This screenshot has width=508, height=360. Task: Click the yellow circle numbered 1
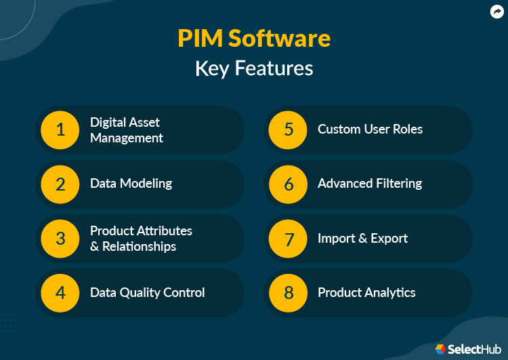tap(60, 129)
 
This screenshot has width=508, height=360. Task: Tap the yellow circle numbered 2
tap(60, 184)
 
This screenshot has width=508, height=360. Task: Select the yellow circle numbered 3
tap(60, 239)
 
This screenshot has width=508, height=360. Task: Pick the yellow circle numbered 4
tap(60, 293)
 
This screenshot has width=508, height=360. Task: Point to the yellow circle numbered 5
tap(289, 129)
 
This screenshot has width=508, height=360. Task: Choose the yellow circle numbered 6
tap(289, 184)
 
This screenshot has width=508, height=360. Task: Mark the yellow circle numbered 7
tap(289, 239)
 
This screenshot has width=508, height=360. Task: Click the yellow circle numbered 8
tap(289, 293)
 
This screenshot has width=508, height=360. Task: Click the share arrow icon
tap(496, 12)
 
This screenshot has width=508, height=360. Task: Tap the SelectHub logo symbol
tap(440, 348)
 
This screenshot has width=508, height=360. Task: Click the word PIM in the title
tap(200, 39)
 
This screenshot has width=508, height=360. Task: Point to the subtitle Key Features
tap(254, 68)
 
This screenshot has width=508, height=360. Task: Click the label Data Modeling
tap(131, 184)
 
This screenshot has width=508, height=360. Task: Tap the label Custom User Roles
tap(370, 129)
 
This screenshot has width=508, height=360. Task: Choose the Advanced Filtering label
tap(370, 184)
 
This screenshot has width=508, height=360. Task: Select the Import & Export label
tap(362, 239)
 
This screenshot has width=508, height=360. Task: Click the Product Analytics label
tap(366, 293)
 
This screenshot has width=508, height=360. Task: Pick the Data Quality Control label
tap(147, 293)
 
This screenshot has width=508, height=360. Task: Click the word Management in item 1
tap(127, 138)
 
